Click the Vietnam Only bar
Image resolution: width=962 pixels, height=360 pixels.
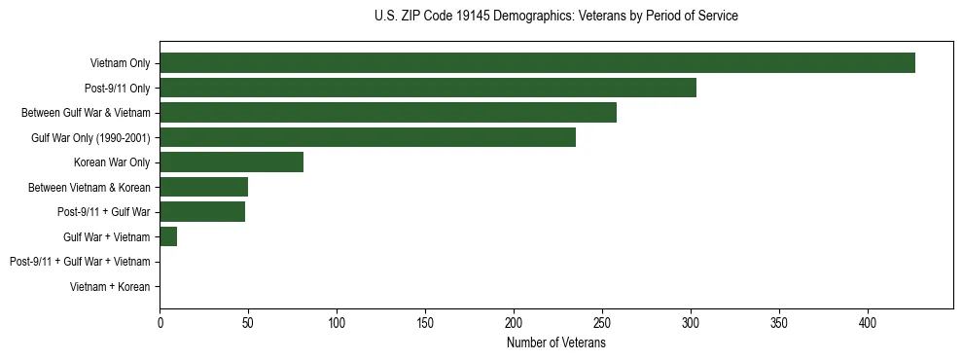[x=537, y=63]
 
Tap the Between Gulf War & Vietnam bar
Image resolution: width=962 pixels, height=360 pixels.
[x=388, y=113]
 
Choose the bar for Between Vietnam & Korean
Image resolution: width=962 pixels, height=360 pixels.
[x=204, y=187]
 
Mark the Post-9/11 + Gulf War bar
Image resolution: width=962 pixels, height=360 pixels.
[x=202, y=212]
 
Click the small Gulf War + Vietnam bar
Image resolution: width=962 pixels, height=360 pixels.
[x=168, y=236]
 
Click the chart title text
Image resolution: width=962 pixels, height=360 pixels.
[x=555, y=17]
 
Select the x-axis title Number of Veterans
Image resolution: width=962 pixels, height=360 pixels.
[x=555, y=343]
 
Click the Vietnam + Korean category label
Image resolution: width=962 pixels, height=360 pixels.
[x=110, y=287]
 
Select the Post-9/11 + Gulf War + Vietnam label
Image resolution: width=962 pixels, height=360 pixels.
[x=80, y=262]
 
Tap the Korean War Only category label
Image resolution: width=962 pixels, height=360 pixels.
[x=112, y=162]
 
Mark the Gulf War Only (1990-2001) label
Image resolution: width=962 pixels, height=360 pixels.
[x=90, y=137]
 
